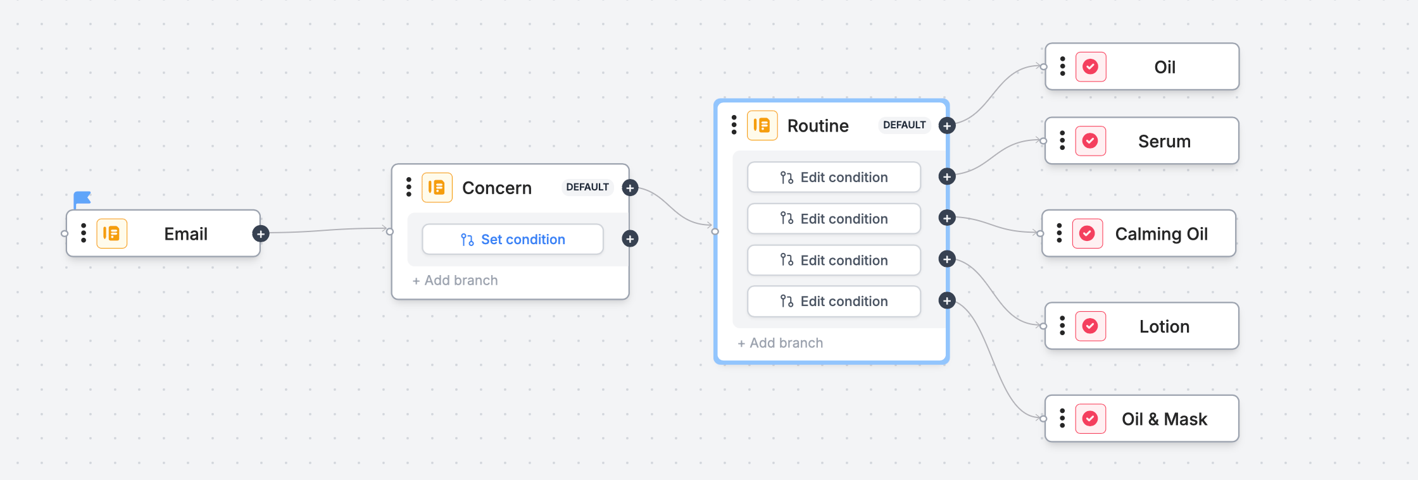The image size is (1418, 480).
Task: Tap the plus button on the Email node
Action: pos(261,234)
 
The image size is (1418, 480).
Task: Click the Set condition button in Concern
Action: pos(513,239)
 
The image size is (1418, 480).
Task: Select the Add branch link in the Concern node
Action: pos(455,280)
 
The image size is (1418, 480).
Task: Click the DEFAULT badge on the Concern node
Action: pos(587,187)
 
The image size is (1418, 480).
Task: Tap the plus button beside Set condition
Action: pos(630,239)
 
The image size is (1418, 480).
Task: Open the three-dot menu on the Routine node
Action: pos(734,125)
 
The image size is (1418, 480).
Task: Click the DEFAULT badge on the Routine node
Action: pos(905,125)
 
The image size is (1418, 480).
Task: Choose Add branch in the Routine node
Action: pos(781,343)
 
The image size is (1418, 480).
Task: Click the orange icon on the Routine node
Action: pos(762,125)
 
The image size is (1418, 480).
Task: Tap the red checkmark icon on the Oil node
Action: pos(1091,66)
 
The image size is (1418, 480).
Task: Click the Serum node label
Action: pos(1164,141)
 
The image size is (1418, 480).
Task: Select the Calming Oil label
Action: pos(1162,234)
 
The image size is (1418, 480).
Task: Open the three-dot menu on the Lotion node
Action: pos(1062,326)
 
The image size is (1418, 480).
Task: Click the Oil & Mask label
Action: pos(1164,419)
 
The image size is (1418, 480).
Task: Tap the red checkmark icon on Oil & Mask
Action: pos(1091,419)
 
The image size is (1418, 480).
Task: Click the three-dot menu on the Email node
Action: pos(84,233)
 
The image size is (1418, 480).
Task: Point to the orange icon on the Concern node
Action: pos(437,187)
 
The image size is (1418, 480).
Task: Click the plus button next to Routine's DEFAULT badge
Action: pos(947,125)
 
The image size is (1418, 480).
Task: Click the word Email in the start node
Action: pos(185,234)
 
